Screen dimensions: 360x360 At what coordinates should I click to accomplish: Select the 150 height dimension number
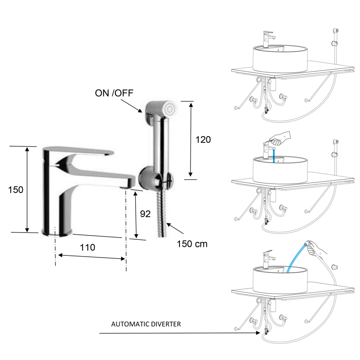[16, 190]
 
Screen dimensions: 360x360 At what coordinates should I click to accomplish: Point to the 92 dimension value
[146, 214]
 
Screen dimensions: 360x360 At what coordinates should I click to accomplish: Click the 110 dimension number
[87, 247]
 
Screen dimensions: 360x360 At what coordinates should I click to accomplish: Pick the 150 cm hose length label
[192, 244]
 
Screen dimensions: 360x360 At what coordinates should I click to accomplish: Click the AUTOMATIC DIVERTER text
[146, 324]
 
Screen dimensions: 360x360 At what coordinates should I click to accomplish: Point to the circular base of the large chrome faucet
[57, 232]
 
